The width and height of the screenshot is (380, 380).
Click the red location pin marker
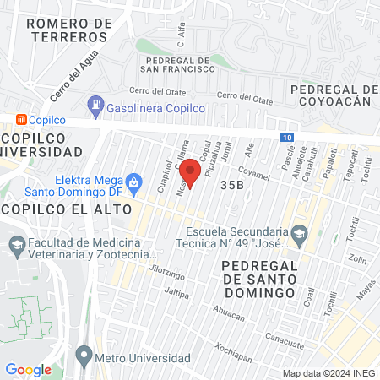(x=191, y=171)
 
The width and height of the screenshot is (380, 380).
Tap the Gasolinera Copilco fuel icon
(x=96, y=106)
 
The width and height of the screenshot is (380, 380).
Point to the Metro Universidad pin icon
(x=84, y=353)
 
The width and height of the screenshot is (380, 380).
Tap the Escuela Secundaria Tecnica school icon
(x=299, y=232)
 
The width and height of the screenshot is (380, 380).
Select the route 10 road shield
(x=289, y=137)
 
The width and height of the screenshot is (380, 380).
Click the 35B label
(x=231, y=183)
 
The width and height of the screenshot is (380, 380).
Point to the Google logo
(x=28, y=370)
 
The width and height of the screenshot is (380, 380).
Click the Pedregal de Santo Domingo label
(x=256, y=279)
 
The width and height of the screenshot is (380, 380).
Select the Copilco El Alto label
(x=66, y=208)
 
